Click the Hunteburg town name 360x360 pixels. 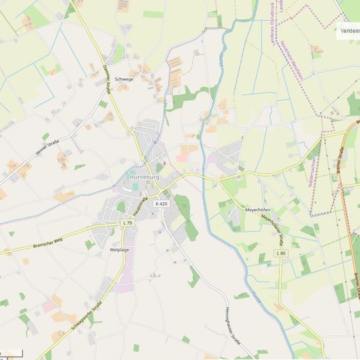[x=149, y=177]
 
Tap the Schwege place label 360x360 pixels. [x=124, y=79]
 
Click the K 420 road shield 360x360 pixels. [x=161, y=203]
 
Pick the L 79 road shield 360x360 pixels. [x=128, y=222]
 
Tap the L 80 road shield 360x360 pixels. [x=281, y=253]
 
